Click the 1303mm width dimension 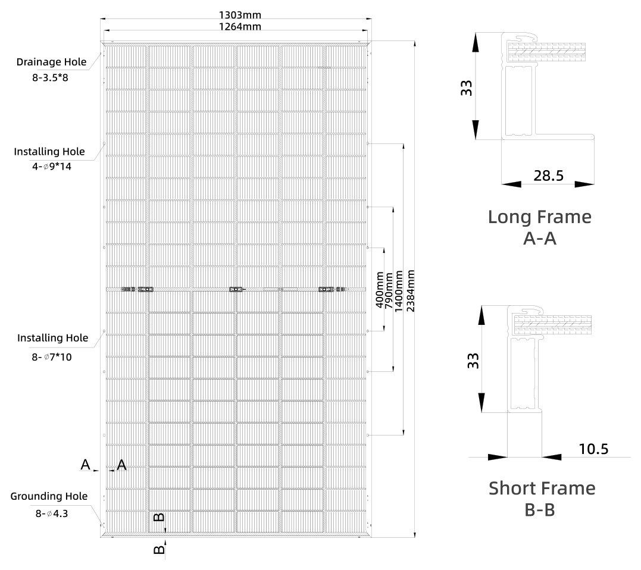[x=240, y=15]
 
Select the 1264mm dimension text [x=240, y=27]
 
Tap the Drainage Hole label [x=52, y=62]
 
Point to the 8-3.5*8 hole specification [x=50, y=77]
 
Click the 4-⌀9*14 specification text [x=52, y=167]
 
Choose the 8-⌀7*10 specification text [x=52, y=357]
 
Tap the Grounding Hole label [x=49, y=496]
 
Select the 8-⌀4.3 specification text [x=52, y=513]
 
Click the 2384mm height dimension [x=411, y=290]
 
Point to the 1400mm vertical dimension [x=399, y=291]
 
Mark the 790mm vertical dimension [x=389, y=291]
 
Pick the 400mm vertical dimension [x=380, y=290]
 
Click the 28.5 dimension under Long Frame [x=549, y=176]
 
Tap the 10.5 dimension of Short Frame [x=593, y=449]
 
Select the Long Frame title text [x=540, y=217]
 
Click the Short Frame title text [x=542, y=488]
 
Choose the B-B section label [x=540, y=510]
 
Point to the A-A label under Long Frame [x=540, y=238]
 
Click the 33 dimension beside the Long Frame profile [x=467, y=88]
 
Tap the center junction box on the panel [x=236, y=289]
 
